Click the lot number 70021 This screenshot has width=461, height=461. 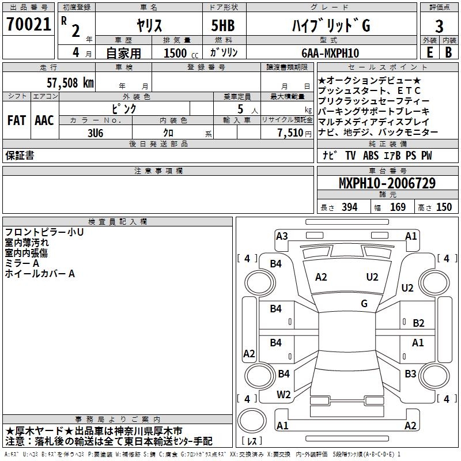coord(29,24)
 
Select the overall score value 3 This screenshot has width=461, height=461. coord(439,27)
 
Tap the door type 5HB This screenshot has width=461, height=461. coord(223,25)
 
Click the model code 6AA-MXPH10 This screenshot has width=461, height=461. coord(330,53)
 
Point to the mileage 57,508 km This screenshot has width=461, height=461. coord(70,83)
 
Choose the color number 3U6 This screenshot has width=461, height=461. coord(96,133)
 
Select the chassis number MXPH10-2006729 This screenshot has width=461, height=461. coord(387,183)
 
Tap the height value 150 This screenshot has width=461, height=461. coord(444,207)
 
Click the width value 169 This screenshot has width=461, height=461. coord(398,207)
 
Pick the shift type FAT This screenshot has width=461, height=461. coord(17,120)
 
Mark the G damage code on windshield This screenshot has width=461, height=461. coord(364,304)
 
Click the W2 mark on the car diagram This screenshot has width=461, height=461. coord(284,395)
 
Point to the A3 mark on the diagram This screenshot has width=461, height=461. coord(282,236)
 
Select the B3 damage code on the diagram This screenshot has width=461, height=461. coord(410,373)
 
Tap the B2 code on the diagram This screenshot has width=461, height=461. coord(418,323)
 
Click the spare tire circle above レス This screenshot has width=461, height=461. coord(252,421)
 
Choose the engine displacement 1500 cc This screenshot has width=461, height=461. coord(181,53)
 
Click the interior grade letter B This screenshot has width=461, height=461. coord(448,52)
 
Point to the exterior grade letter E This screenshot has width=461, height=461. coord(429,52)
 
